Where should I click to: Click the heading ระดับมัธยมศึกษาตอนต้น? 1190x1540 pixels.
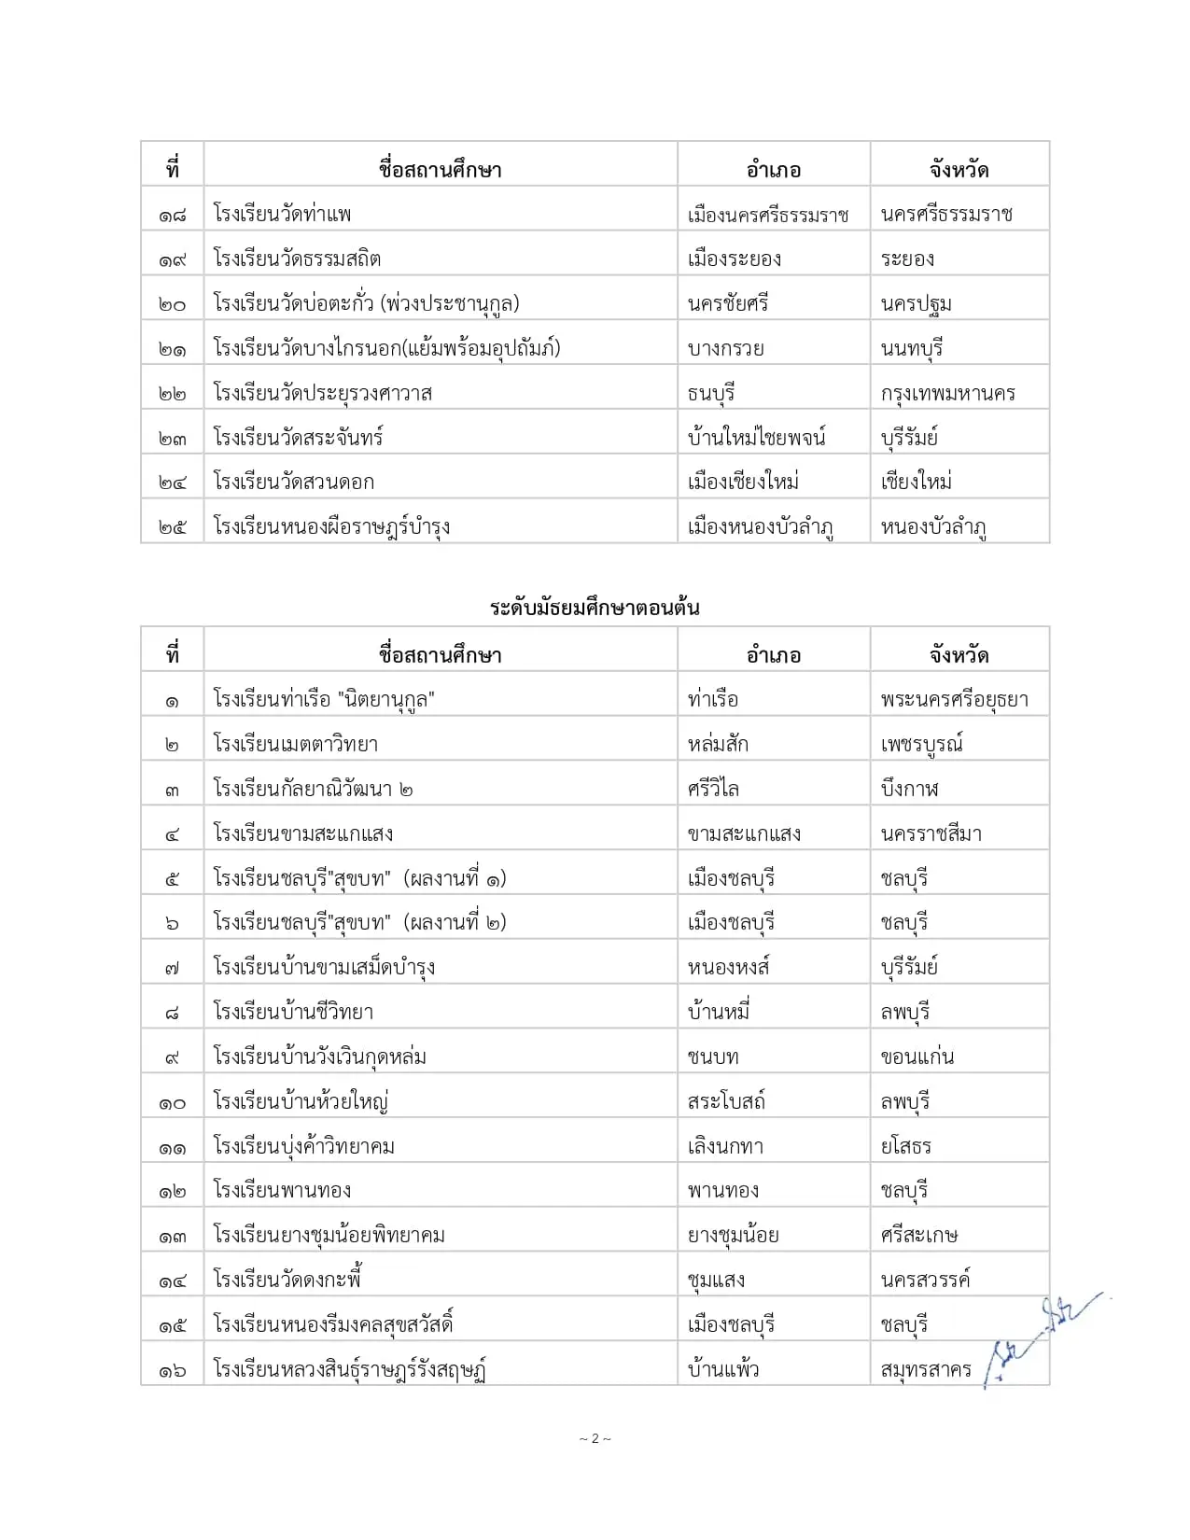[595, 609]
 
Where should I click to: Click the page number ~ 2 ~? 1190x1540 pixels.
[595, 1438]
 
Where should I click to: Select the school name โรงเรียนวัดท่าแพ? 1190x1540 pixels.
[282, 214]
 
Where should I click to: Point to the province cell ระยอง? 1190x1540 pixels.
[907, 259]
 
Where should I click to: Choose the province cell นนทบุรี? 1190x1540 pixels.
[912, 348]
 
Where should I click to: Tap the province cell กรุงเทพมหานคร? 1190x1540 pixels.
[947, 393]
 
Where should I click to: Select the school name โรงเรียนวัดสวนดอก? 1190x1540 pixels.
[293, 482]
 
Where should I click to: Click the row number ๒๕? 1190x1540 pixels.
[172, 527]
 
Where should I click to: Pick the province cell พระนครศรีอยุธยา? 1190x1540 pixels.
[954, 699]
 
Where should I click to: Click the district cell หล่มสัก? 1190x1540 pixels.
[718, 744]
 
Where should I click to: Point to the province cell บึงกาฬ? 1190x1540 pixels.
[909, 789]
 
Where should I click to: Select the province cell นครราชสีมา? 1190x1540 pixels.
[931, 833]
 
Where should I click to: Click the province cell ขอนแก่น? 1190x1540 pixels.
[917, 1057]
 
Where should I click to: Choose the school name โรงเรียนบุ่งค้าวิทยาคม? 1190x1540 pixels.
[303, 1146]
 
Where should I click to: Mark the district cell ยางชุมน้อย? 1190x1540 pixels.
[733, 1236]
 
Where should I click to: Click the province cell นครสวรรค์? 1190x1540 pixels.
[925, 1280]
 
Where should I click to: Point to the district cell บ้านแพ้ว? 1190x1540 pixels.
[722, 1369]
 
